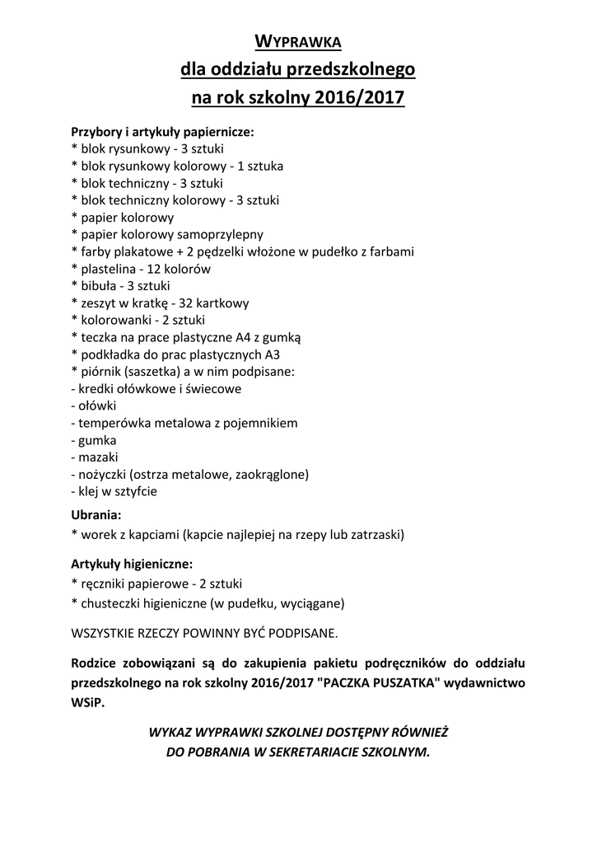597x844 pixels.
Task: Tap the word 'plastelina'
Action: pyautogui.click(x=107, y=269)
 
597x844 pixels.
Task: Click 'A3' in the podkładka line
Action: pyautogui.click(x=273, y=354)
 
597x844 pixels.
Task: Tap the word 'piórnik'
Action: pyautogui.click(x=101, y=372)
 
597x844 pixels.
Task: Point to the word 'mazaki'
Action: pyautogui.click(x=98, y=457)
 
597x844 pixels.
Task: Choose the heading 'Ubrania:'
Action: pyautogui.click(x=96, y=515)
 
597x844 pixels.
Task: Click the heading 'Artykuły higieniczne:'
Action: pyautogui.click(x=133, y=565)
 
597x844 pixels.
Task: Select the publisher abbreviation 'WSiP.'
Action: pyautogui.click(x=89, y=703)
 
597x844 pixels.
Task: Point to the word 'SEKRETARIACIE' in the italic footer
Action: pyautogui.click(x=316, y=752)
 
